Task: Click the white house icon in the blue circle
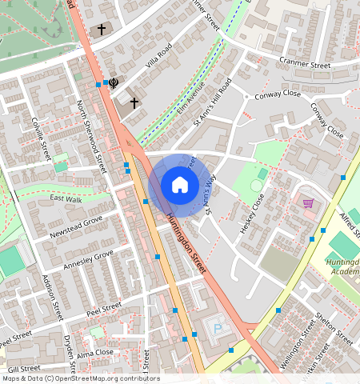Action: click(x=180, y=186)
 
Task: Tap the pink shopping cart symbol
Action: click(x=308, y=202)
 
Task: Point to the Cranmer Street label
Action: click(x=304, y=63)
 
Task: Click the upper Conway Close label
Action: click(x=280, y=93)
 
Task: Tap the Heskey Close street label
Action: click(x=252, y=213)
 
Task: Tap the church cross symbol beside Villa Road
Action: click(x=134, y=102)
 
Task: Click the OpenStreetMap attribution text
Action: click(x=80, y=378)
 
